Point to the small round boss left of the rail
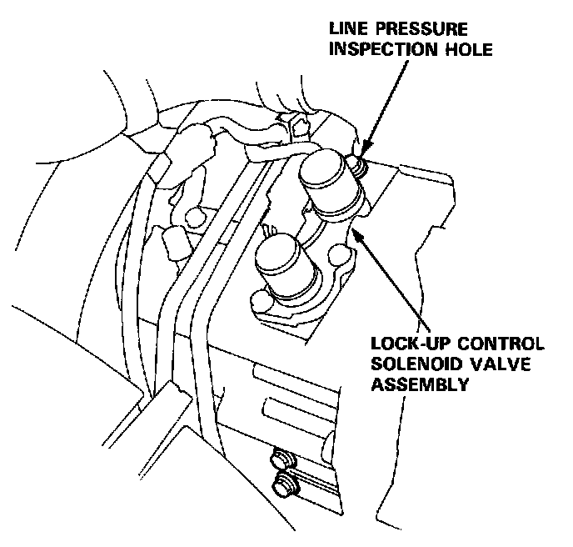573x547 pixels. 195,216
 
